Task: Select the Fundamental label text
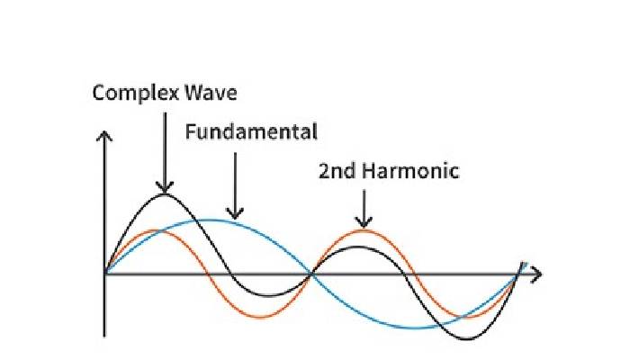pyautogui.click(x=251, y=132)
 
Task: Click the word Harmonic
pyautogui.click(x=409, y=170)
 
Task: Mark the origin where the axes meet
pyautogui.click(x=105, y=273)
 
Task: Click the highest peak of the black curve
pyautogui.click(x=164, y=193)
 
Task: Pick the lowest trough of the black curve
pyautogui.click(x=468, y=338)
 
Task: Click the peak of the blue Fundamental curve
pyautogui.click(x=209, y=220)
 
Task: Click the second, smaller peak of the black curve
pyautogui.click(x=357, y=245)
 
